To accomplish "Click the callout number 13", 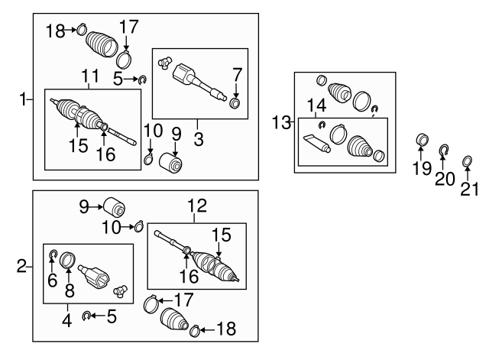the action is point(282,122).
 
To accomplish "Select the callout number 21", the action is point(469,189).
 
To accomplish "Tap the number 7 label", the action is point(238,75).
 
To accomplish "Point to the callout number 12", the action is point(197,206).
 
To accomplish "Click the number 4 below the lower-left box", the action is point(67,320).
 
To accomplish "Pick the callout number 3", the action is point(199,139).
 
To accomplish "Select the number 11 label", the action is point(90,76).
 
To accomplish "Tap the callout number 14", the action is point(317,105).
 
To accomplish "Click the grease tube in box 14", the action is point(317,144).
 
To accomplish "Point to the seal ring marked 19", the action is point(423,139).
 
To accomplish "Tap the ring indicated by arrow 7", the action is point(235,103).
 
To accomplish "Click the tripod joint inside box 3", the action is point(164,62).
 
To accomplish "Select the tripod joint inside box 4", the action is point(121,291).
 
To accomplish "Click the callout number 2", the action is point(22,267).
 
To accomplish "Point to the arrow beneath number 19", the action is point(421,154).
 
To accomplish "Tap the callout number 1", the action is point(23,99).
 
